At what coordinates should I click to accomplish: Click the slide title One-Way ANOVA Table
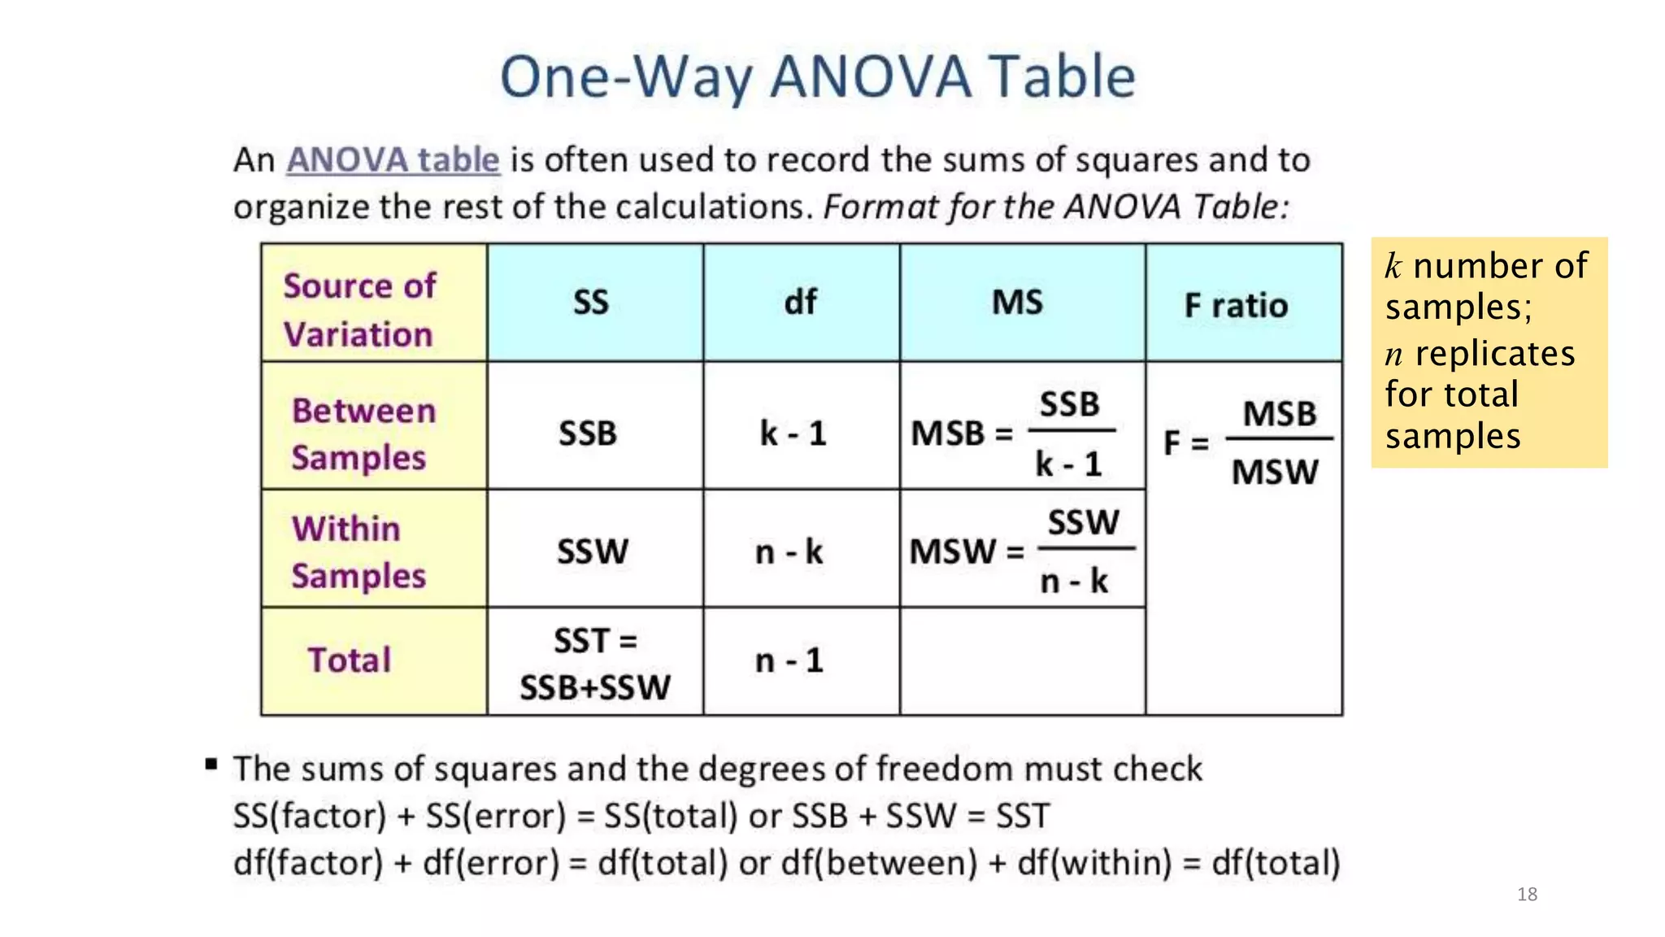pyautogui.click(x=817, y=76)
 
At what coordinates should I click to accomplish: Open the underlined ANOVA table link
pyautogui.click(x=393, y=159)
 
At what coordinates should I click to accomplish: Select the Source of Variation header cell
pyautogui.click(x=359, y=310)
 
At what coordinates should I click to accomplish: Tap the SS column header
pyautogui.click(x=591, y=303)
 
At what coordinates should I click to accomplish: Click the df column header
pyautogui.click(x=800, y=303)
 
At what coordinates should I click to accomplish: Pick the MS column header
pyautogui.click(x=1017, y=303)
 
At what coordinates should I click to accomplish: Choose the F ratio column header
pyautogui.click(x=1236, y=306)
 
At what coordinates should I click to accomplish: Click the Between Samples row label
pyautogui.click(x=363, y=434)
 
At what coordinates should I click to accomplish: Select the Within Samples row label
pyautogui.click(x=358, y=551)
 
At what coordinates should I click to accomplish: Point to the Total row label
pyautogui.click(x=350, y=660)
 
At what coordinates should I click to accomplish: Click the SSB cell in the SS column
pyautogui.click(x=588, y=434)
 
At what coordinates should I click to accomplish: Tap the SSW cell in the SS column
pyautogui.click(x=593, y=551)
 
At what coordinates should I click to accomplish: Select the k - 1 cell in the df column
pyautogui.click(x=793, y=434)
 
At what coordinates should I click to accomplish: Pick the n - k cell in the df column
pyautogui.click(x=789, y=552)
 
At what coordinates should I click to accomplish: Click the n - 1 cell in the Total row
pyautogui.click(x=789, y=660)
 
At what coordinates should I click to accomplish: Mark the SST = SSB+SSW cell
pyautogui.click(x=595, y=664)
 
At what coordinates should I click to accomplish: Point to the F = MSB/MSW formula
pyautogui.click(x=1248, y=442)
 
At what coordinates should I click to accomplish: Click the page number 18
pyautogui.click(x=1527, y=895)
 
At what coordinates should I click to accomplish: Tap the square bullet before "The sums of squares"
pyautogui.click(x=211, y=764)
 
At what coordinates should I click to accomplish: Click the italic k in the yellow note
pyautogui.click(x=1393, y=267)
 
